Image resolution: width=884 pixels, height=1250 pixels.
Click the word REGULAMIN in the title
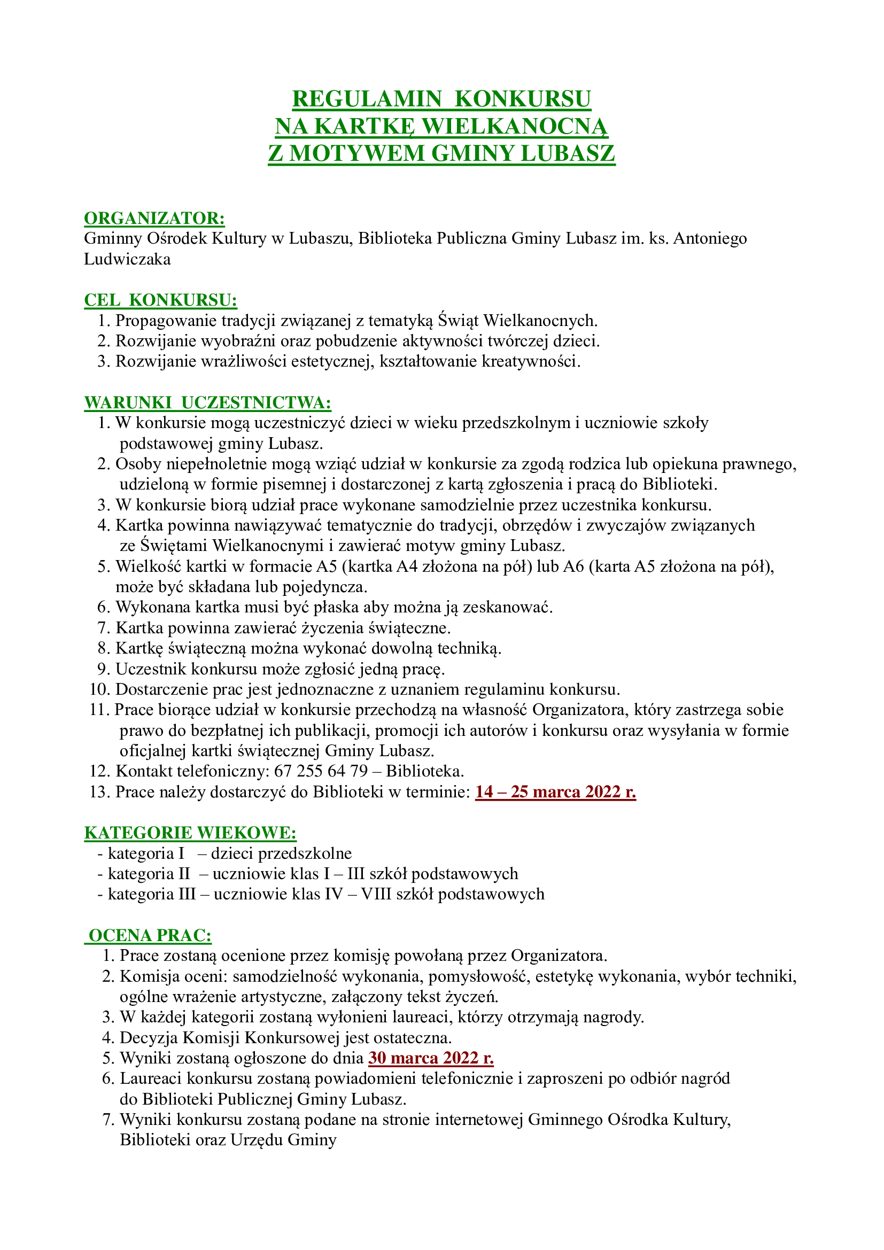[x=366, y=99]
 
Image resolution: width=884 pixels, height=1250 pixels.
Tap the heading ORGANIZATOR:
[x=154, y=219]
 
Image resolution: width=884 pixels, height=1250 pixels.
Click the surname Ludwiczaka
[x=127, y=259]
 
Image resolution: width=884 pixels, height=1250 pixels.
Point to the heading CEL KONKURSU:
[x=160, y=300]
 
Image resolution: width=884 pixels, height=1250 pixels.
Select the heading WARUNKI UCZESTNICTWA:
[x=207, y=402]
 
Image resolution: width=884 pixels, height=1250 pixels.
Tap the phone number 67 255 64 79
[x=321, y=772]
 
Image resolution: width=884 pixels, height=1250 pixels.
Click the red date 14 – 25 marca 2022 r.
[x=555, y=791]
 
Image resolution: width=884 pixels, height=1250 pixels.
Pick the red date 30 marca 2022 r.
[x=431, y=1058]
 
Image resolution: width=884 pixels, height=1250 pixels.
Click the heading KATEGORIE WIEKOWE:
[x=190, y=833]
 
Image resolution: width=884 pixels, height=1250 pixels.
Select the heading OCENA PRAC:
[x=150, y=935]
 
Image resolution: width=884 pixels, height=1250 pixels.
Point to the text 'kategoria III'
[x=151, y=894]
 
